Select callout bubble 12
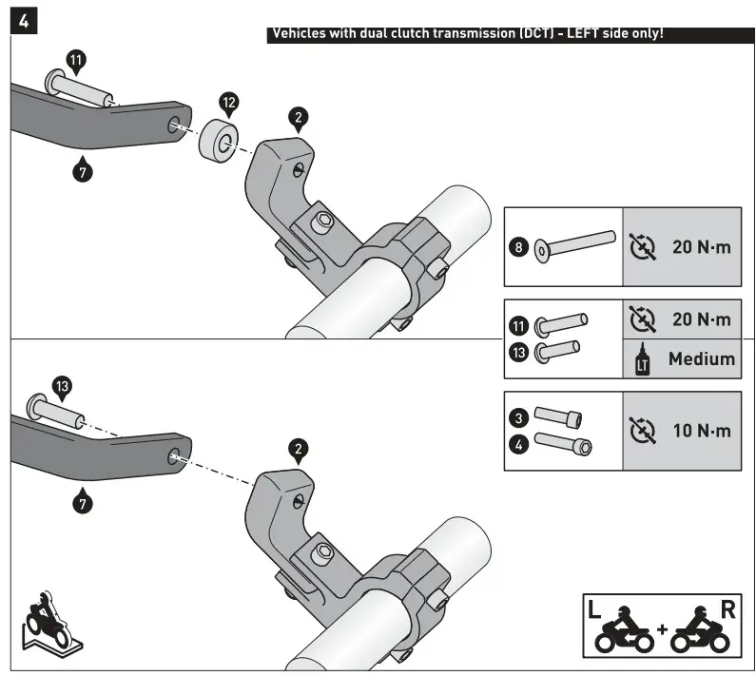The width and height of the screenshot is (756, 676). coord(229,102)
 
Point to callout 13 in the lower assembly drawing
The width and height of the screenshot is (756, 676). coord(62,386)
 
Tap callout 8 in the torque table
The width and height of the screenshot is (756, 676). coord(517,247)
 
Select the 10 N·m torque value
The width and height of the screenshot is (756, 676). coord(702,430)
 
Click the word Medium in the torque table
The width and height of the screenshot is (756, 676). coord(701,358)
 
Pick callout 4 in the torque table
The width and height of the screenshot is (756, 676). coord(517,442)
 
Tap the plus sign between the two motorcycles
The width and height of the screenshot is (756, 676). coord(662,629)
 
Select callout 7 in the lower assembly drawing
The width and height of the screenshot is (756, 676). coord(83,503)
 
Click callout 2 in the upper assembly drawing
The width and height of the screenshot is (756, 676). coord(299,118)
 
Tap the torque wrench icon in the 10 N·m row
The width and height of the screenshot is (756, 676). coord(643,431)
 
